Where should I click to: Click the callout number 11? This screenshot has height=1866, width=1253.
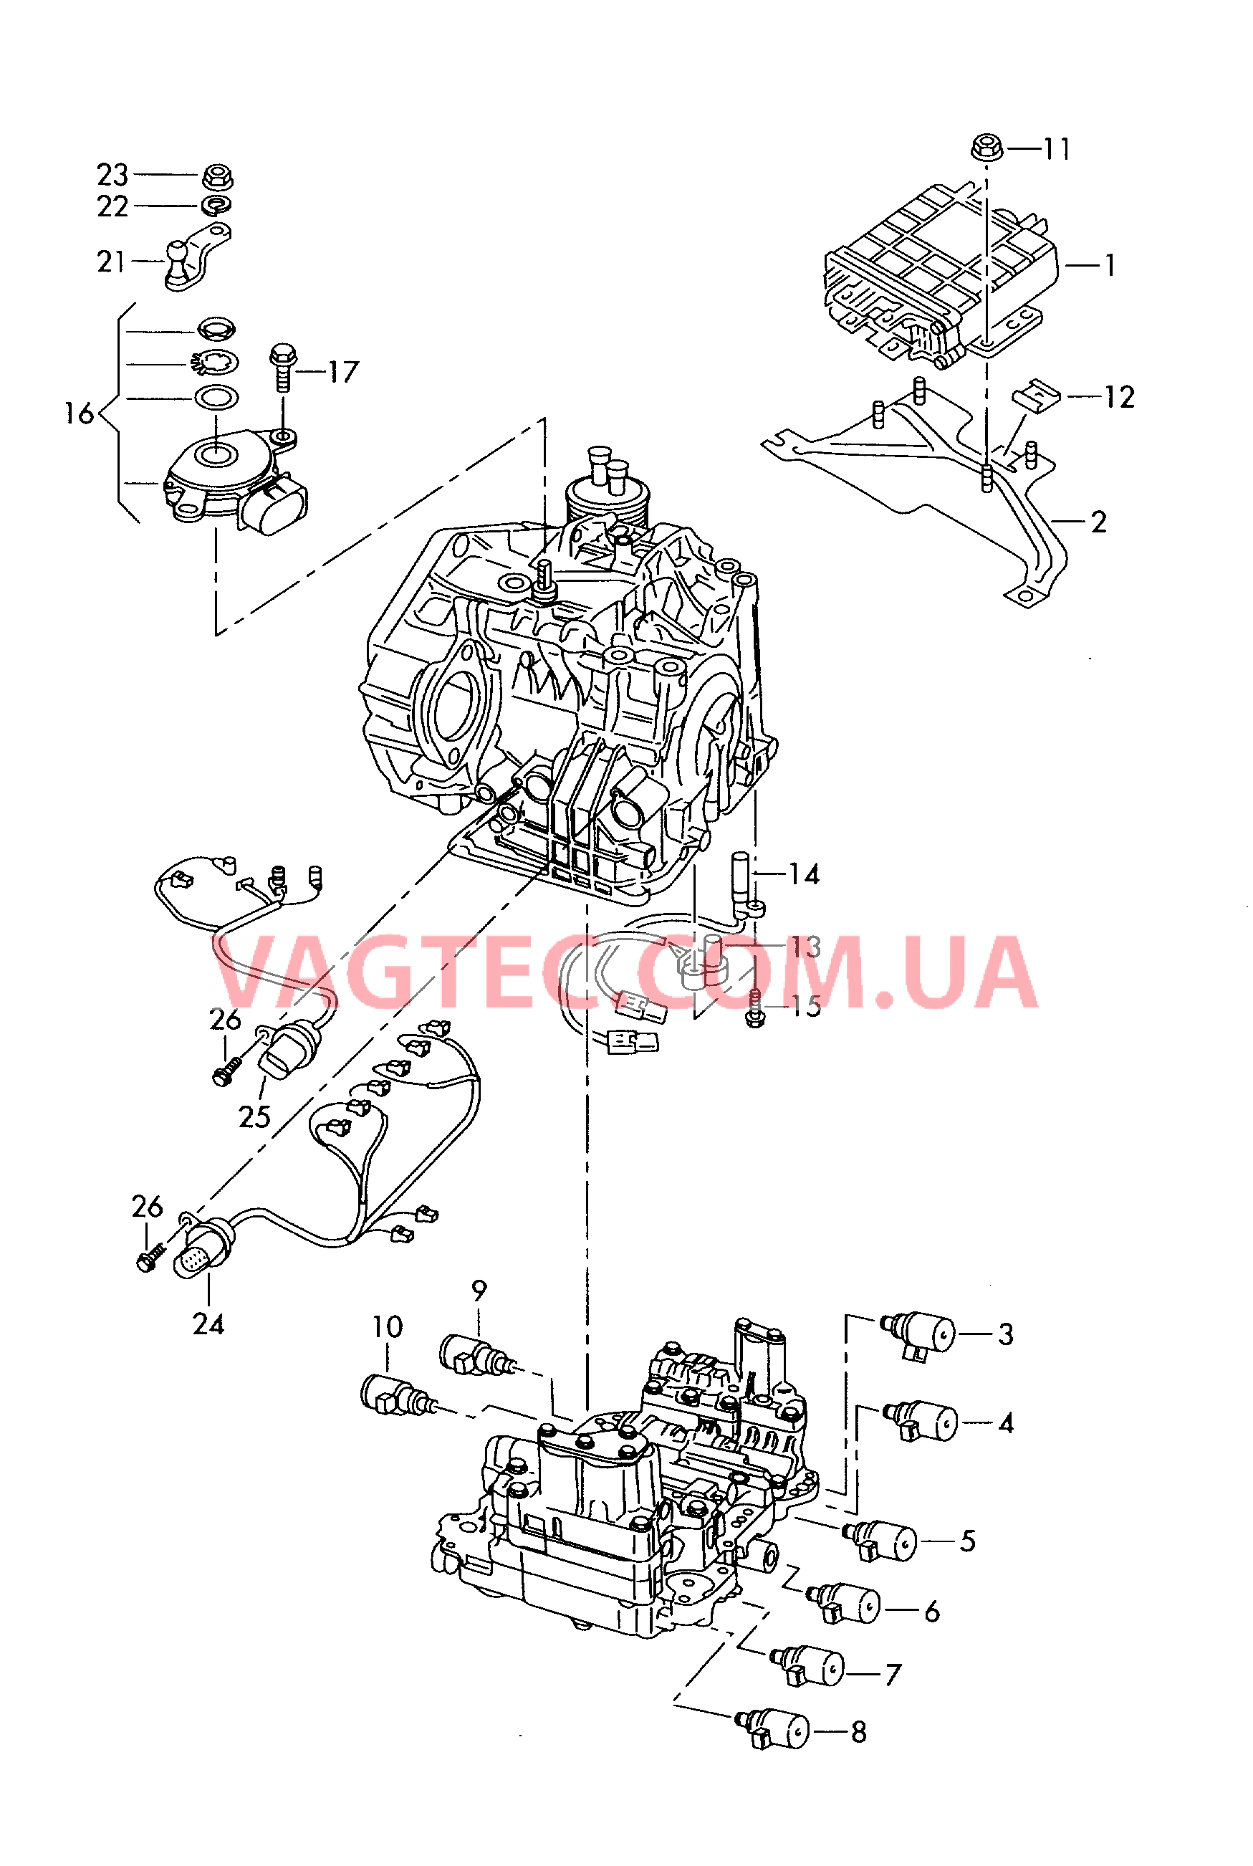pos(1057,150)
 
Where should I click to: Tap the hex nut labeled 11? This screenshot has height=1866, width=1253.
pos(987,148)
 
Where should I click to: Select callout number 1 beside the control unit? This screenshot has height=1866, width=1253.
pos(1109,265)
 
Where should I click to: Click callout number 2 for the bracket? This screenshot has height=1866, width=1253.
pos(1099,522)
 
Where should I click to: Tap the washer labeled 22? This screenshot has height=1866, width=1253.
pos(215,206)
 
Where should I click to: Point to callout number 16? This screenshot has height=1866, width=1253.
pos(78,414)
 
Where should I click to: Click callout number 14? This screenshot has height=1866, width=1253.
pos(804,874)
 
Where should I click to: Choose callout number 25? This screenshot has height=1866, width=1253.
pos(254,1116)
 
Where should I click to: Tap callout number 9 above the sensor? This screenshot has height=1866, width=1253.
pos(479,1291)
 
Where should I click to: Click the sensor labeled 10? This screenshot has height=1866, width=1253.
pos(395,1396)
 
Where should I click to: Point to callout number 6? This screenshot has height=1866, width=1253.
pos(932,1612)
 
